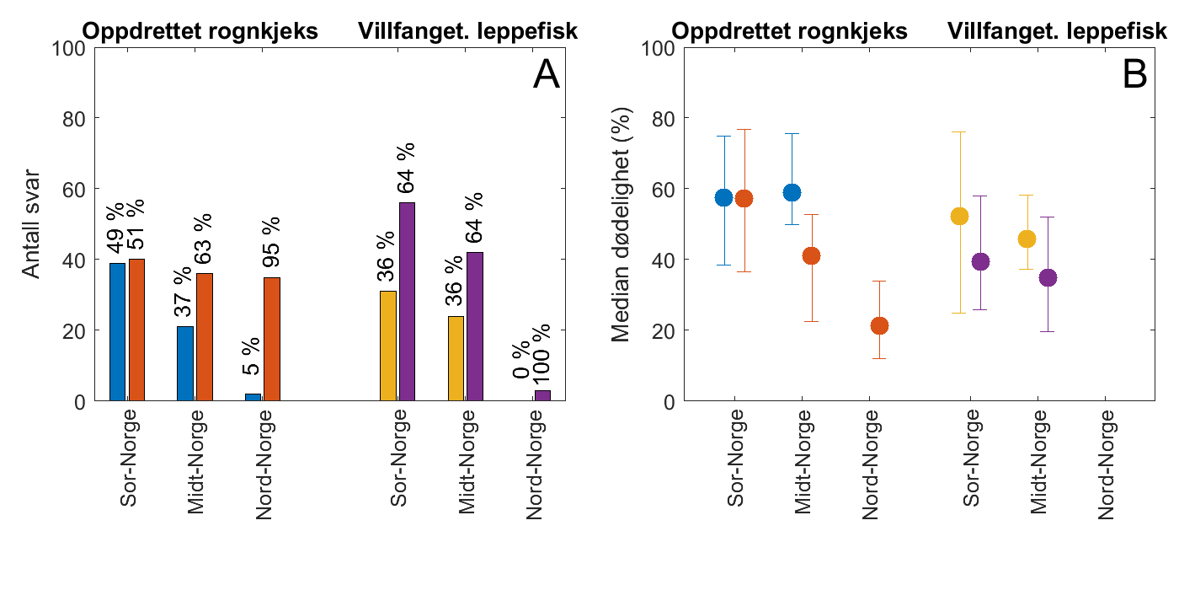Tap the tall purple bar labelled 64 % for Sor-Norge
pos(407,302)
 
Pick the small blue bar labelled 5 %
pos(253,397)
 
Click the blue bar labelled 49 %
pos(117,332)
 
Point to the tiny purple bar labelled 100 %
pos(542,395)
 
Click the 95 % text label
pos(271,243)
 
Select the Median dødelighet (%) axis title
pos(622,225)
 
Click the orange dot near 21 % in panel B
pos(879,326)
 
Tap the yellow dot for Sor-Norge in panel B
pos(959,217)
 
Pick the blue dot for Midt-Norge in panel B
pos(792,193)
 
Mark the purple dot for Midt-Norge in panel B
pos(1048,277)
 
